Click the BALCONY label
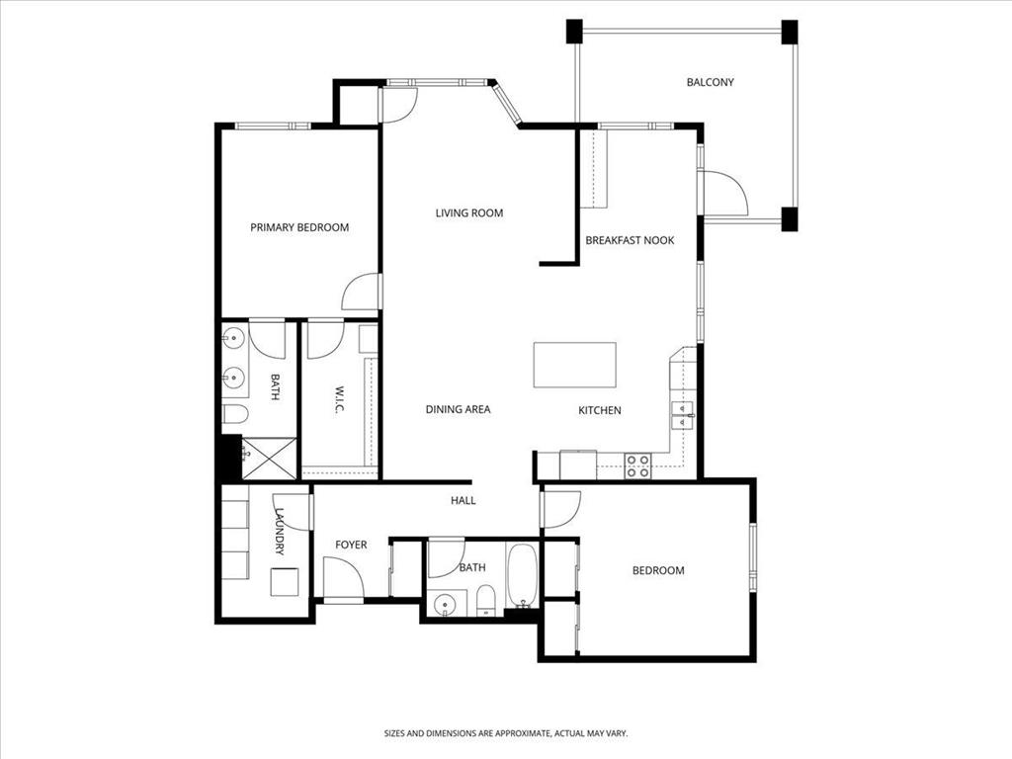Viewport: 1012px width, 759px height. click(710, 82)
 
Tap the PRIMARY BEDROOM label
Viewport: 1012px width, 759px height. click(299, 227)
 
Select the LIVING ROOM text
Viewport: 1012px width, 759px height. click(469, 213)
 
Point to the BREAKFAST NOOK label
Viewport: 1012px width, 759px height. click(630, 240)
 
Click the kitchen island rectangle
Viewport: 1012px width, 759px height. click(574, 365)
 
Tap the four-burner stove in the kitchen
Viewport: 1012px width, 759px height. click(637, 466)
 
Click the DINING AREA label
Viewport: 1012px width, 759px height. click(459, 409)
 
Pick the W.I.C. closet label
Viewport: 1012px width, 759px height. click(340, 400)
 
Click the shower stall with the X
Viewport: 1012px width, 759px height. click(269, 459)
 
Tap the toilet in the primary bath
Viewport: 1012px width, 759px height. click(235, 414)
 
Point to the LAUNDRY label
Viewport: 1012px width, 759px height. click(280, 532)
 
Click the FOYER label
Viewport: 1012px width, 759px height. click(351, 545)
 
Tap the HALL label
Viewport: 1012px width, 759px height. click(464, 500)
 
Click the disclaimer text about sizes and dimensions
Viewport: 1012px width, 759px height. click(506, 733)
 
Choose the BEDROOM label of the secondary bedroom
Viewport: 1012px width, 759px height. click(658, 570)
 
